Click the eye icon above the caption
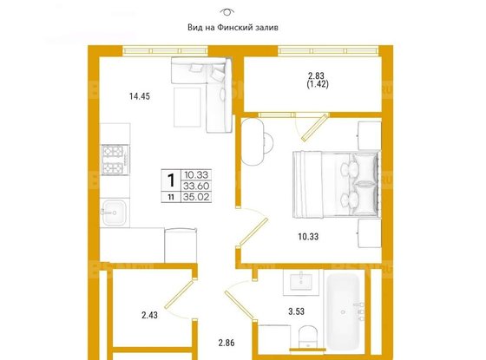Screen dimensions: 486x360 [x=227, y=12]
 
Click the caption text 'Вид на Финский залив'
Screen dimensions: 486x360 [x=233, y=28]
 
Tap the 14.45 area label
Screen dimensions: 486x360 [x=140, y=96]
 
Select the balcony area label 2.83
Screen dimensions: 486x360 [x=316, y=75]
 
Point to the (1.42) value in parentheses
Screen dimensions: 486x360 [x=318, y=84]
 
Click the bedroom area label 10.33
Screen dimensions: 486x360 [x=308, y=237]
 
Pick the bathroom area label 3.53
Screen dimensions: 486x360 [x=296, y=311]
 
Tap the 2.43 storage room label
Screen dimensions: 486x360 [x=149, y=316]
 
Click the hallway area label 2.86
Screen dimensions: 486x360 [x=227, y=343]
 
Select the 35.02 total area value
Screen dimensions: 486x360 [x=196, y=197]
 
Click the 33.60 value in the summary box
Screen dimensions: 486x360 [x=196, y=186]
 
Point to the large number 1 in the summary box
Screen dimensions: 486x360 [x=171, y=180]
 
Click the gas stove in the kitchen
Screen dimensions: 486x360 [x=115, y=160]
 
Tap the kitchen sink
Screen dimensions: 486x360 [x=115, y=213]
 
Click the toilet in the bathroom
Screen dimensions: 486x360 [x=308, y=337]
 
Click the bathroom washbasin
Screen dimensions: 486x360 [x=301, y=282]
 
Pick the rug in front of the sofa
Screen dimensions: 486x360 [x=187, y=108]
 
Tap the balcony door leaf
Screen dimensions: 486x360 [x=314, y=128]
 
